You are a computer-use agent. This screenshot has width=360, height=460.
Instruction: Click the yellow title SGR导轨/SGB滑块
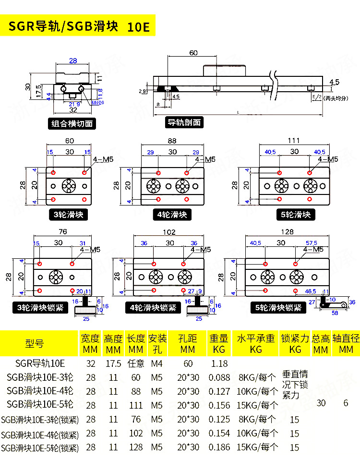(63, 26)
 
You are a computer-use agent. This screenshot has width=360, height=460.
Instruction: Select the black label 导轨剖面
(184, 122)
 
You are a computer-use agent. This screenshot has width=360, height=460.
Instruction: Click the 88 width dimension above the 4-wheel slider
(172, 141)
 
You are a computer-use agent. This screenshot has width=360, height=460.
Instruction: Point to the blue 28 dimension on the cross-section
(73, 61)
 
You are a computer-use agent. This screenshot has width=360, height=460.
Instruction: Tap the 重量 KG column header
(219, 343)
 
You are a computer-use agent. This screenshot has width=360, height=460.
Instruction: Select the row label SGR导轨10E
(40, 363)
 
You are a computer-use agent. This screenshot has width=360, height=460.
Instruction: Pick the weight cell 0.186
(219, 448)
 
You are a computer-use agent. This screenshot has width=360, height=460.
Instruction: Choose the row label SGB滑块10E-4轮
(40, 391)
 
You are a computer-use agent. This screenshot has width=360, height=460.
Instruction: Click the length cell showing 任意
(136, 363)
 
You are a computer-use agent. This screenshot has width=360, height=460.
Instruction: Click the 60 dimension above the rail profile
(193, 53)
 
